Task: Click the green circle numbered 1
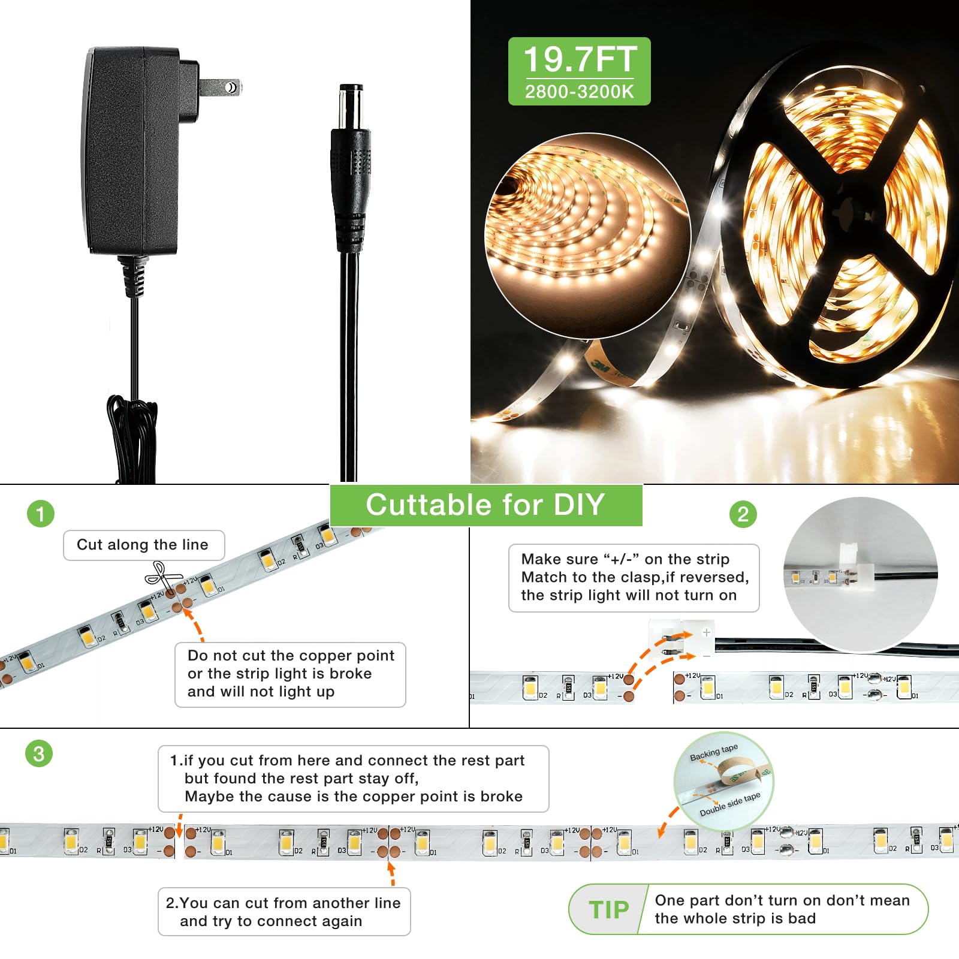[x=41, y=514]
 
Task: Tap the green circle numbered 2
[x=743, y=514]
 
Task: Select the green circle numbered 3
[x=39, y=753]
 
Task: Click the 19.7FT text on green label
[x=580, y=59]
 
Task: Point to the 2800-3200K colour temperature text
[x=579, y=92]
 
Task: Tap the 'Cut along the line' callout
[x=143, y=545]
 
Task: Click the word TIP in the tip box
[x=609, y=909]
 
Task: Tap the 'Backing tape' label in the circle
[x=713, y=752]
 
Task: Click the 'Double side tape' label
[x=729, y=804]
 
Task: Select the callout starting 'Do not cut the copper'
[x=290, y=674]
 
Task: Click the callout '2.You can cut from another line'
[x=284, y=911]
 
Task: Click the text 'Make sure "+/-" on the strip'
[x=625, y=559]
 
